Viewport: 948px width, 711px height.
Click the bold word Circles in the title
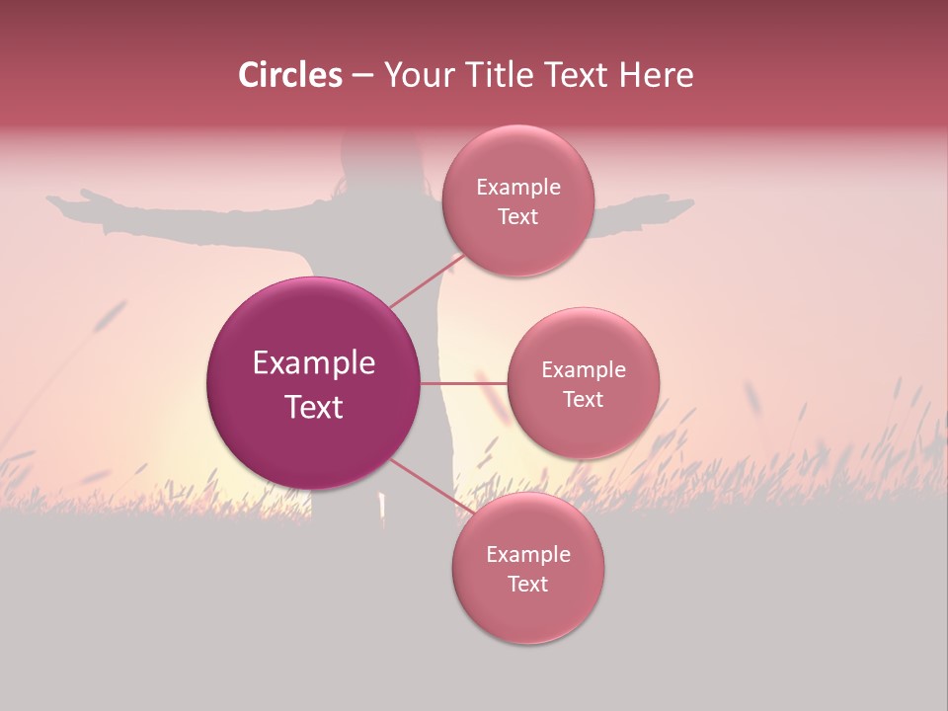tap(290, 75)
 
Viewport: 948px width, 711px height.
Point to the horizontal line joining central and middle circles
tap(464, 383)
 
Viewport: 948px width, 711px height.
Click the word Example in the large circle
tap(314, 363)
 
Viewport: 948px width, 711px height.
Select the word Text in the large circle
tap(314, 407)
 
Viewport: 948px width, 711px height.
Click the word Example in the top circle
tap(517, 188)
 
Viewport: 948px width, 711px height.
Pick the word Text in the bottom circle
tap(527, 584)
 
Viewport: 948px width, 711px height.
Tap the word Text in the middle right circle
tap(583, 399)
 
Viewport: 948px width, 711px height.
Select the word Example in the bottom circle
tap(527, 555)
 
